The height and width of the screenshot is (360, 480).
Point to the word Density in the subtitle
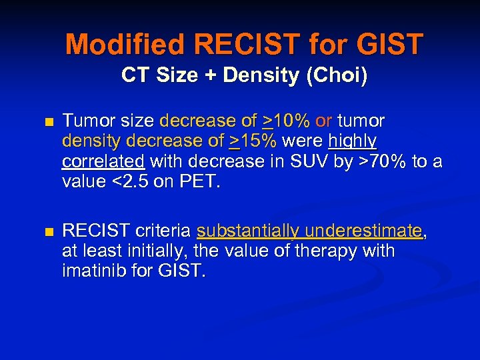click(253, 75)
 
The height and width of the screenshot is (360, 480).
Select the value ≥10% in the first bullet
click(287, 121)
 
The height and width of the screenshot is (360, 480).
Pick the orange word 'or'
click(324, 121)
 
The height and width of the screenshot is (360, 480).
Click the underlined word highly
click(353, 141)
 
